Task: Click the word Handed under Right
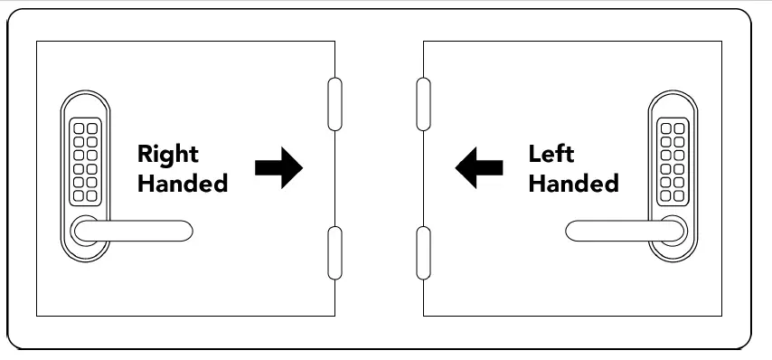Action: (182, 183)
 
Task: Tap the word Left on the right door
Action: (551, 154)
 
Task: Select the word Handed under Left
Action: (573, 183)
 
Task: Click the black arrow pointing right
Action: (278, 168)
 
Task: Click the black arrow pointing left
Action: (479, 168)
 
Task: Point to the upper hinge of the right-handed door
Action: (334, 106)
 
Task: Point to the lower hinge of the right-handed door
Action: (334, 253)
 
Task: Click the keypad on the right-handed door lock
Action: (84, 161)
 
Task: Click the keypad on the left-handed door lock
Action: (673, 161)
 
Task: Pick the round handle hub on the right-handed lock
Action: (84, 232)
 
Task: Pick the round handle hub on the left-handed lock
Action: (673, 232)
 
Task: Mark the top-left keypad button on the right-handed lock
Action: (79, 128)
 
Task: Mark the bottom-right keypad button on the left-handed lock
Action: (679, 194)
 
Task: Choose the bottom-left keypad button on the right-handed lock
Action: (79, 194)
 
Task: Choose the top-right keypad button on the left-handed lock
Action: (679, 128)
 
